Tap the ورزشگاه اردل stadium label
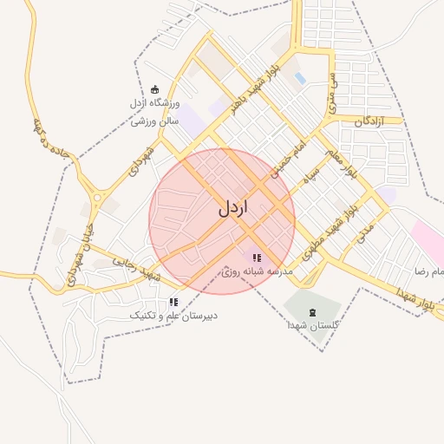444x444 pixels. tap(153, 104)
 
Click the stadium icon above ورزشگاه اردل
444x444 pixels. tap(155, 88)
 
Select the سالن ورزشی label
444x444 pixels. tap(154, 121)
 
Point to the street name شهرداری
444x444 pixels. tap(141, 160)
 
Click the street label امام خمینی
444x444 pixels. tap(287, 160)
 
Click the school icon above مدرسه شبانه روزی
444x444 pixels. tap(256, 258)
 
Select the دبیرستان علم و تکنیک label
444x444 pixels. tap(173, 316)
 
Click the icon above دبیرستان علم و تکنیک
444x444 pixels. tap(173, 302)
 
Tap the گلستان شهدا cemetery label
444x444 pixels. tap(313, 327)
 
